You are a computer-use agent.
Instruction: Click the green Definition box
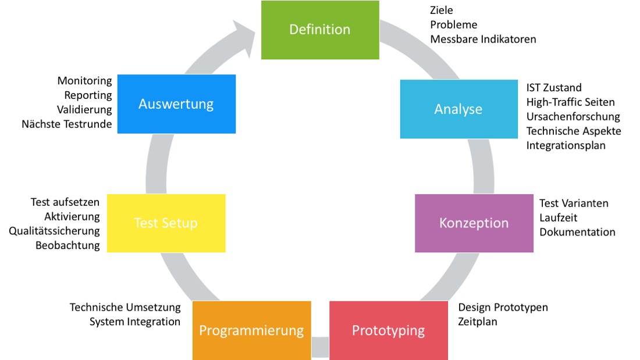tap(320, 30)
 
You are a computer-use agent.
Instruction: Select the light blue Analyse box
tap(459, 109)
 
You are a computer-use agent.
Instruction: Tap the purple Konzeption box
tap(474, 223)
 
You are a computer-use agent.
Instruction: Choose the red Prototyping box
tap(389, 330)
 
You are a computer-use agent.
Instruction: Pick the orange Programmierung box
tap(251, 330)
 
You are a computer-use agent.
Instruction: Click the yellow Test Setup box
tap(166, 223)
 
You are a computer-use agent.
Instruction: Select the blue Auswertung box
tap(176, 104)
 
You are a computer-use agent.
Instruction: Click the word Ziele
tap(442, 10)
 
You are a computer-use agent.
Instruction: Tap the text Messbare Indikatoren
tap(483, 39)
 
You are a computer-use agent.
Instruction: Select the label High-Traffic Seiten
tap(570, 102)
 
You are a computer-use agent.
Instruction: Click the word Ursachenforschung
tap(573, 117)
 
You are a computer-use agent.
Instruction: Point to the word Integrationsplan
tap(566, 146)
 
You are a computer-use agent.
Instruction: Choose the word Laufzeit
tap(559, 218)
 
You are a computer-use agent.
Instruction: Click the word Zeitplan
tap(478, 322)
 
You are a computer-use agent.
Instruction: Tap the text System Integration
tap(135, 322)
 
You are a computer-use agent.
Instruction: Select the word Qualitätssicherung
tap(54, 231)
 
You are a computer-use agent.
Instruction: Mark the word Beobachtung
tap(67, 245)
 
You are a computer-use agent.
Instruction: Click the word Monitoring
tap(84, 81)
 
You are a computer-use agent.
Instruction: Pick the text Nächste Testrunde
tap(66, 124)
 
